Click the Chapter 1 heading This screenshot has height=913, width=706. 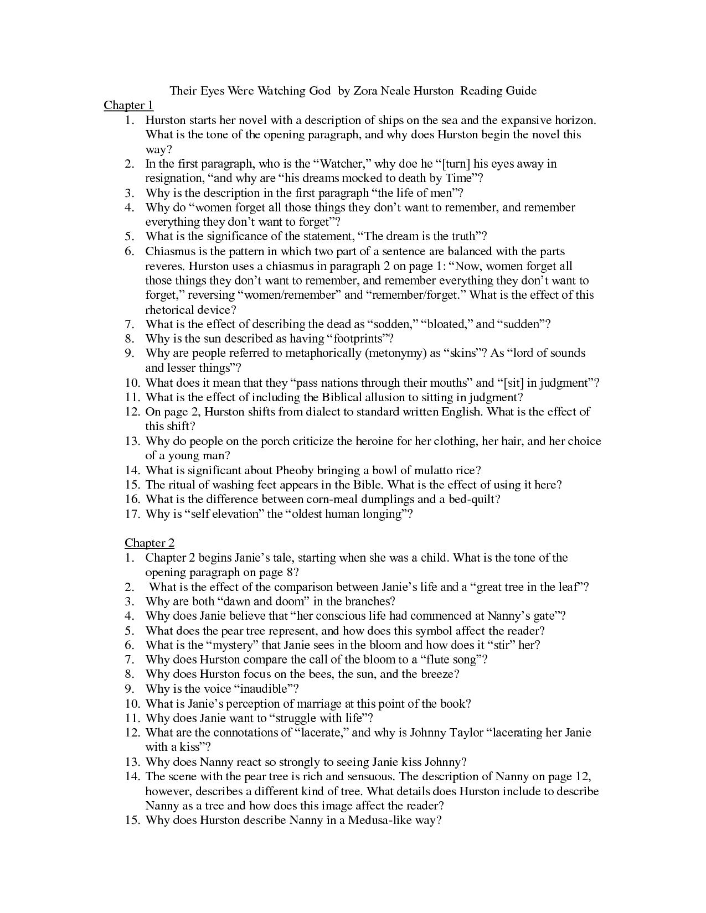(x=128, y=105)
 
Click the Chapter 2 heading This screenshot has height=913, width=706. (x=150, y=543)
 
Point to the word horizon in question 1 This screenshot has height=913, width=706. (x=575, y=120)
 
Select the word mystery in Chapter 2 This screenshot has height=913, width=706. (x=233, y=645)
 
